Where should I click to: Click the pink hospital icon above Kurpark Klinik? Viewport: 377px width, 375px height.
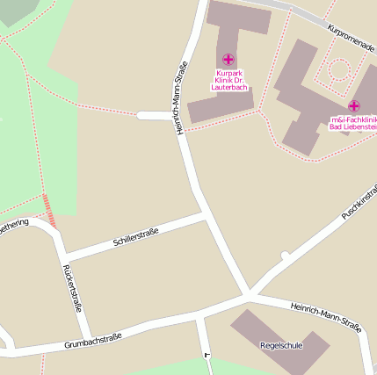point(228,60)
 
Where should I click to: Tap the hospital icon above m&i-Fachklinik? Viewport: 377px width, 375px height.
point(354,106)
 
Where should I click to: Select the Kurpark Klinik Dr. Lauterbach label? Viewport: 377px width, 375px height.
point(229,79)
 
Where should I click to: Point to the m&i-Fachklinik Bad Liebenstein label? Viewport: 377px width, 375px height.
point(353,123)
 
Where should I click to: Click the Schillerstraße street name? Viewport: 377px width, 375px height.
point(135,235)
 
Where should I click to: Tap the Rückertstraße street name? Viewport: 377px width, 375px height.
point(73,289)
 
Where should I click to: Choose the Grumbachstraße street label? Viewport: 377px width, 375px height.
point(92,341)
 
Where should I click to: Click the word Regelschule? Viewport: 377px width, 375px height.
point(281,345)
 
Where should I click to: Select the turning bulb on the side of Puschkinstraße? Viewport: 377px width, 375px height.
point(285,256)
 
